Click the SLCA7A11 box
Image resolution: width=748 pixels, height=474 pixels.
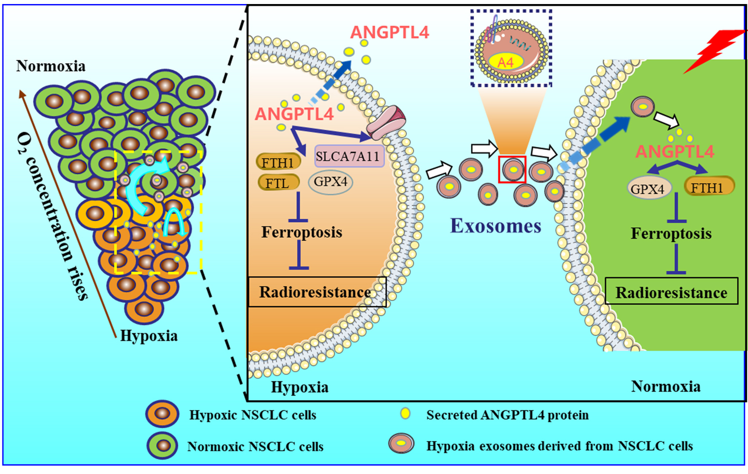349,156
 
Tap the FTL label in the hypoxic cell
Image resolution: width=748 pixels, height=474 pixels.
278,183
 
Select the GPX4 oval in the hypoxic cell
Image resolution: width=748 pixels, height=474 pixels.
330,182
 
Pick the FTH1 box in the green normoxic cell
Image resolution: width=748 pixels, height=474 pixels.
709,186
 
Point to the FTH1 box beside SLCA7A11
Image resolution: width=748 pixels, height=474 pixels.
278,162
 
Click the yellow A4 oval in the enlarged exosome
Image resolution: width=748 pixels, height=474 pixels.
506,62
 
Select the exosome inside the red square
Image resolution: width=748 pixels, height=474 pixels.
513,169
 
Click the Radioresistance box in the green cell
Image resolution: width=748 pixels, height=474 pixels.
671,292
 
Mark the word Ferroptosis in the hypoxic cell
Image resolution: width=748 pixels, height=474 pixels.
302,232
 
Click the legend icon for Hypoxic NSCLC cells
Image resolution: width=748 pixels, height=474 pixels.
162,414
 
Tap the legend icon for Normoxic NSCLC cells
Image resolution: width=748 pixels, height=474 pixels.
162,445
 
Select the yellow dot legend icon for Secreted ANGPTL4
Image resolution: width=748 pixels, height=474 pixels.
405,414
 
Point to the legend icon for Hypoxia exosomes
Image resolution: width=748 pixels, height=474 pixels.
401,444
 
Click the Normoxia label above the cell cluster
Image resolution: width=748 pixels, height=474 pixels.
51,66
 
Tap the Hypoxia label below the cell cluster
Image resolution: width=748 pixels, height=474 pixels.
149,336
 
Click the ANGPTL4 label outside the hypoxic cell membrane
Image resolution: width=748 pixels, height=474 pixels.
389,33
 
